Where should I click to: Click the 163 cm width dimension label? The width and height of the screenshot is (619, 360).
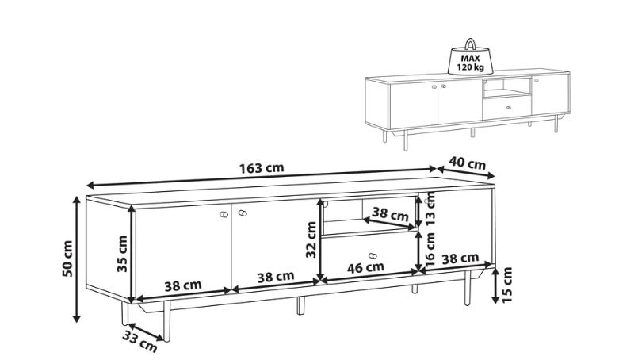(x=262, y=168)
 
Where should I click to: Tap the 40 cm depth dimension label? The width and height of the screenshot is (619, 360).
(x=468, y=163)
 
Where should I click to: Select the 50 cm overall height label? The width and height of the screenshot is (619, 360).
(x=67, y=259)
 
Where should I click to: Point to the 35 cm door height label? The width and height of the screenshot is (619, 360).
(x=122, y=254)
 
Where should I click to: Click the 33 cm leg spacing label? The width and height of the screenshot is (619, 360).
(x=139, y=341)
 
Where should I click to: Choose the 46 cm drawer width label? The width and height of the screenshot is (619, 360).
(x=365, y=267)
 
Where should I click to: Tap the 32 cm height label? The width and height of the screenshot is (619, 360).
(x=311, y=239)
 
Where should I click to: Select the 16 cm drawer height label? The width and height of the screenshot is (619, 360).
(x=430, y=249)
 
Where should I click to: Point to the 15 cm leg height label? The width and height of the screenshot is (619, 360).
(x=507, y=285)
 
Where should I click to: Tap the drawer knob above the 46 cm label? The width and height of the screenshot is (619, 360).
(x=372, y=256)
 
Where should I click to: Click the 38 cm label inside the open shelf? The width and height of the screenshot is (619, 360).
(x=391, y=215)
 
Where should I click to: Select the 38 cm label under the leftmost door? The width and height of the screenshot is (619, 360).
(x=183, y=285)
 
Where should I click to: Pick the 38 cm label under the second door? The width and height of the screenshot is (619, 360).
(x=276, y=277)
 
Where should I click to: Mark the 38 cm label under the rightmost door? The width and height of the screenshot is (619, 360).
(x=460, y=259)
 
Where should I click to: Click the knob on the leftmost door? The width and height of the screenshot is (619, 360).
(x=224, y=215)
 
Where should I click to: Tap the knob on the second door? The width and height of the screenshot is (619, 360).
(x=243, y=213)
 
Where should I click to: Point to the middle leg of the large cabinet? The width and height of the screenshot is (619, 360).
(x=301, y=306)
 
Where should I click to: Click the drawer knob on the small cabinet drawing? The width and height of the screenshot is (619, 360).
(x=509, y=107)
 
